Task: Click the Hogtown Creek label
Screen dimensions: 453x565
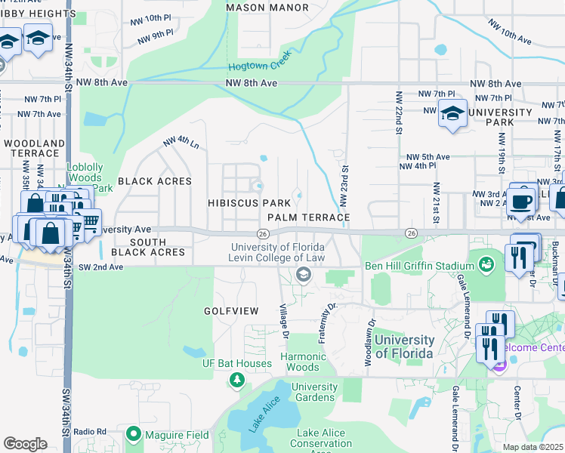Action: pos(260,66)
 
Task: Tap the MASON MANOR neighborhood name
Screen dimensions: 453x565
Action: pos(267,8)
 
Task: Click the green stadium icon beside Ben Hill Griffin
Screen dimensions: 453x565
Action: pos(486,265)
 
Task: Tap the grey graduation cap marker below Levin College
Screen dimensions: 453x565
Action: pos(304,275)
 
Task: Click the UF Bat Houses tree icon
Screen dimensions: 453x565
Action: pos(237,379)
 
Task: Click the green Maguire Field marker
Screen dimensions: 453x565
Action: pos(134,433)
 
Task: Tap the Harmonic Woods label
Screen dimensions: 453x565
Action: pos(303,362)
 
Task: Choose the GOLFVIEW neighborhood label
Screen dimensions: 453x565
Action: pos(230,311)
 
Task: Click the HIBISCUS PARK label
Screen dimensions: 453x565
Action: pos(249,203)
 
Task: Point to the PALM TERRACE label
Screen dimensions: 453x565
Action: pos(308,217)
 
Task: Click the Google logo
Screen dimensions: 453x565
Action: pos(25,444)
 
